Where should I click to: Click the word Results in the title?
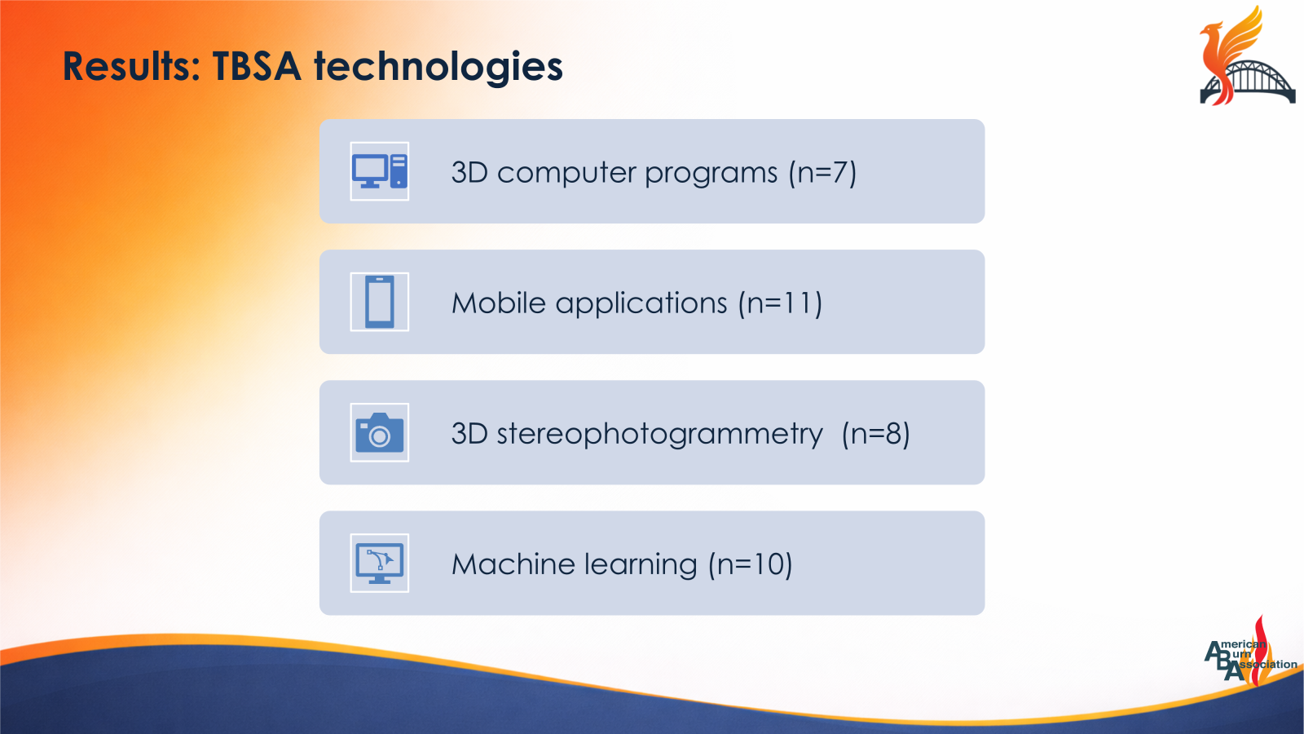point(130,67)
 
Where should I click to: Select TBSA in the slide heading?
point(257,67)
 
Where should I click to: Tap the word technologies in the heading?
point(438,67)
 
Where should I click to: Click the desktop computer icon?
point(380,171)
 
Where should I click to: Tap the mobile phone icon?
point(380,302)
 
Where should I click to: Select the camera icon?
point(380,432)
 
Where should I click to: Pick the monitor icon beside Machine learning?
point(380,563)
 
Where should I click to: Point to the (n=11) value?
point(780,303)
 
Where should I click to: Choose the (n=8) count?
point(875,434)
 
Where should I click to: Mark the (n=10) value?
point(750,564)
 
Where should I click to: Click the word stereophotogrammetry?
point(659,434)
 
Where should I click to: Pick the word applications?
point(641,304)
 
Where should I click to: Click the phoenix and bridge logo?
point(1245,57)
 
